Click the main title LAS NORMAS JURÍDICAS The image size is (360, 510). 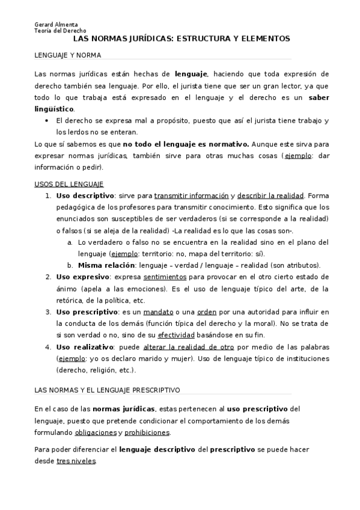(181, 38)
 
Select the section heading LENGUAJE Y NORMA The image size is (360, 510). (67, 55)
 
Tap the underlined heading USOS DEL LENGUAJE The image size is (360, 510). (69, 183)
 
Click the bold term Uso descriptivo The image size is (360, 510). (85, 195)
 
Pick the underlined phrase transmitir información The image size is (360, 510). (191, 195)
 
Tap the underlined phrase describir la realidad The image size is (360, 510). (270, 195)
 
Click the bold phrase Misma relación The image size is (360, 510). (103, 265)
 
